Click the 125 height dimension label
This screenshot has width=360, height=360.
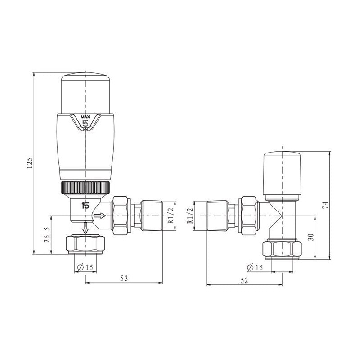tap(30, 162)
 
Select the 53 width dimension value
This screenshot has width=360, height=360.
tap(124, 279)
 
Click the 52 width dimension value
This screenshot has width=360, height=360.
tap(244, 280)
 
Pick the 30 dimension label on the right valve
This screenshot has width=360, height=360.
tap(310, 237)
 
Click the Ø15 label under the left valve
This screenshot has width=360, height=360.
tap(85, 267)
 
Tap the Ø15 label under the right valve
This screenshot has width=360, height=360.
tap(255, 268)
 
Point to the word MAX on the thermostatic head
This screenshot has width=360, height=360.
tap(85, 117)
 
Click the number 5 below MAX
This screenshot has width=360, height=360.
tap(85, 125)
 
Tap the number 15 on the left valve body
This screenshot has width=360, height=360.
tap(85, 206)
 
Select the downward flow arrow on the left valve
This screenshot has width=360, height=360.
tap(85, 229)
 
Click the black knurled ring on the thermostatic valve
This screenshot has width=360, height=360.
tap(85, 187)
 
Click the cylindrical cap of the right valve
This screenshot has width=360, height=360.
tap(282, 171)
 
